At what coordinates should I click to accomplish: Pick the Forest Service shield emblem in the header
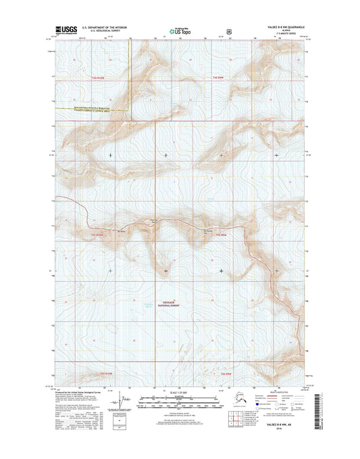(x=230, y=30)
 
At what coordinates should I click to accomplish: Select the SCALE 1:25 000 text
(x=180, y=393)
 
